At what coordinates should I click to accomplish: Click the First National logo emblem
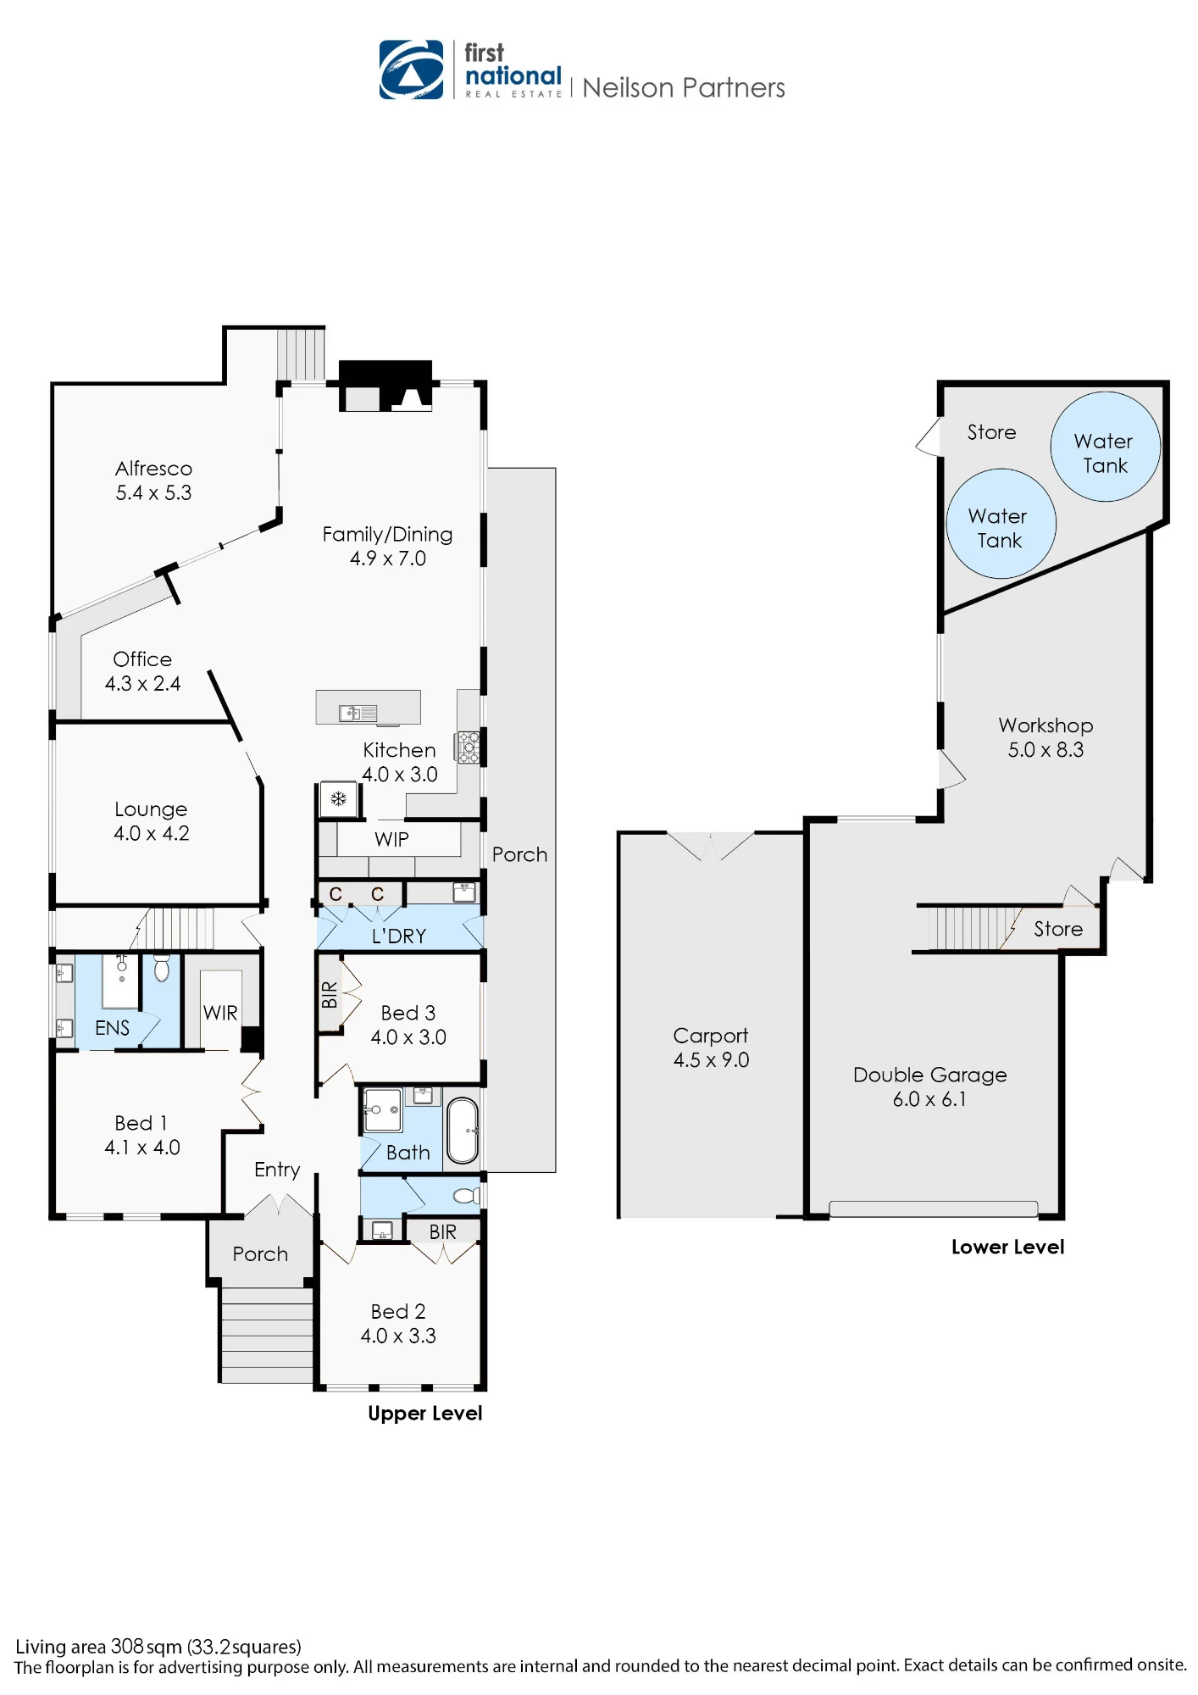(x=411, y=69)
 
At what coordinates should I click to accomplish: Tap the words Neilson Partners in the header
(x=684, y=88)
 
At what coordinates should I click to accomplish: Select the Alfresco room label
(x=154, y=469)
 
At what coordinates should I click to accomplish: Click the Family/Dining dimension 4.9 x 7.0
(x=388, y=559)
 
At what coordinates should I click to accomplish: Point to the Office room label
(x=142, y=659)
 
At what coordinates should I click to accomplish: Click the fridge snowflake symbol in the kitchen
(x=338, y=798)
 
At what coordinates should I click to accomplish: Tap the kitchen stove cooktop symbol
(x=469, y=747)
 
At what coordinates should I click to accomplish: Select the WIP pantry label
(x=391, y=839)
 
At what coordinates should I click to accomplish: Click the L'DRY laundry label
(x=399, y=936)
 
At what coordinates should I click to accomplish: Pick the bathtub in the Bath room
(x=463, y=1131)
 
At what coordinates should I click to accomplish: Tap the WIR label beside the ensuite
(x=220, y=1013)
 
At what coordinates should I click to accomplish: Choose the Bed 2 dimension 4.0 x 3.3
(x=398, y=1336)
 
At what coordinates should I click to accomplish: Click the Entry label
(x=277, y=1170)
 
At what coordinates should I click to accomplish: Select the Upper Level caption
(x=425, y=1413)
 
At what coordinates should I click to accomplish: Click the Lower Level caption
(x=1008, y=1247)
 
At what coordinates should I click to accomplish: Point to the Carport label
(x=711, y=1036)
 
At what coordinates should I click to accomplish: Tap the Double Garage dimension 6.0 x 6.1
(x=929, y=1099)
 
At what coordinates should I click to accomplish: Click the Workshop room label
(x=1046, y=725)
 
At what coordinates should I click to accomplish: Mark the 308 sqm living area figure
(x=147, y=1647)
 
